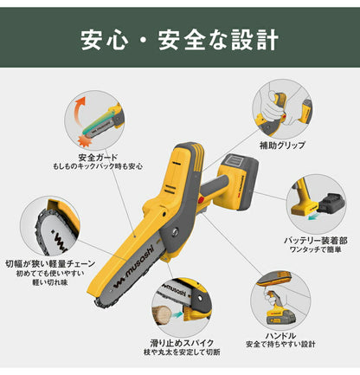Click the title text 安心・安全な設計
tap(179, 40)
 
